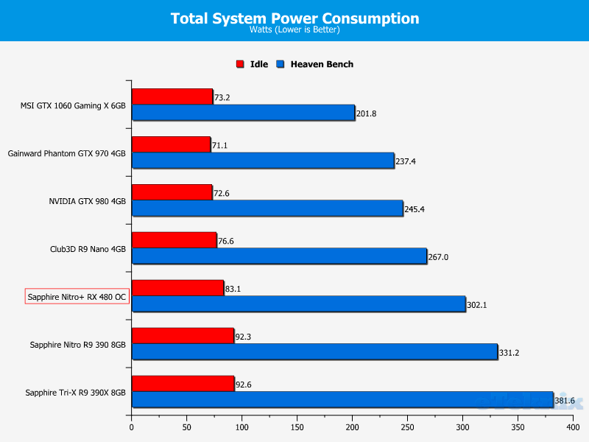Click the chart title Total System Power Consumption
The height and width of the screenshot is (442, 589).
(294, 18)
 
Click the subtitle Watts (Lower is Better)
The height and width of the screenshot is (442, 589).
(294, 30)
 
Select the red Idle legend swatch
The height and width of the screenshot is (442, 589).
(240, 64)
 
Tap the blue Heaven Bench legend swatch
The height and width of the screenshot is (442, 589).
(281, 64)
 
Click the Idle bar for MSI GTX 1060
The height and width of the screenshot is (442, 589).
(172, 97)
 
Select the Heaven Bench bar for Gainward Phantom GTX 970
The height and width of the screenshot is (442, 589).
(263, 161)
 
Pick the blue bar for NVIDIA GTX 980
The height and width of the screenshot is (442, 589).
(267, 208)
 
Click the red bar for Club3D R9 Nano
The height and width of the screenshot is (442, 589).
(174, 240)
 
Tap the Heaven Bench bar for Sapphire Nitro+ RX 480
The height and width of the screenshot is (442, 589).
(298, 304)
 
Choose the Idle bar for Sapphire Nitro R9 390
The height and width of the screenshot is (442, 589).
(183, 336)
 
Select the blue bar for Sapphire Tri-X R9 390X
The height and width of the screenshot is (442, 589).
(342, 400)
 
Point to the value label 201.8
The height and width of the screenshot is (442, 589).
(367, 113)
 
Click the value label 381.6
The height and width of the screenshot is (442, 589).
(566, 401)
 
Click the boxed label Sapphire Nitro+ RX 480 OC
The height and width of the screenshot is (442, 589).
(77, 297)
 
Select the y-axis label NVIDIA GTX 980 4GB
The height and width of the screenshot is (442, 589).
(88, 201)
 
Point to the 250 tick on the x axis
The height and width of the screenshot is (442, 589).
(407, 427)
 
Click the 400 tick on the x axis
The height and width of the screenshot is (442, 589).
(573, 427)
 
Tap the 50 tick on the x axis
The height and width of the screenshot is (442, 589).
(186, 427)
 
